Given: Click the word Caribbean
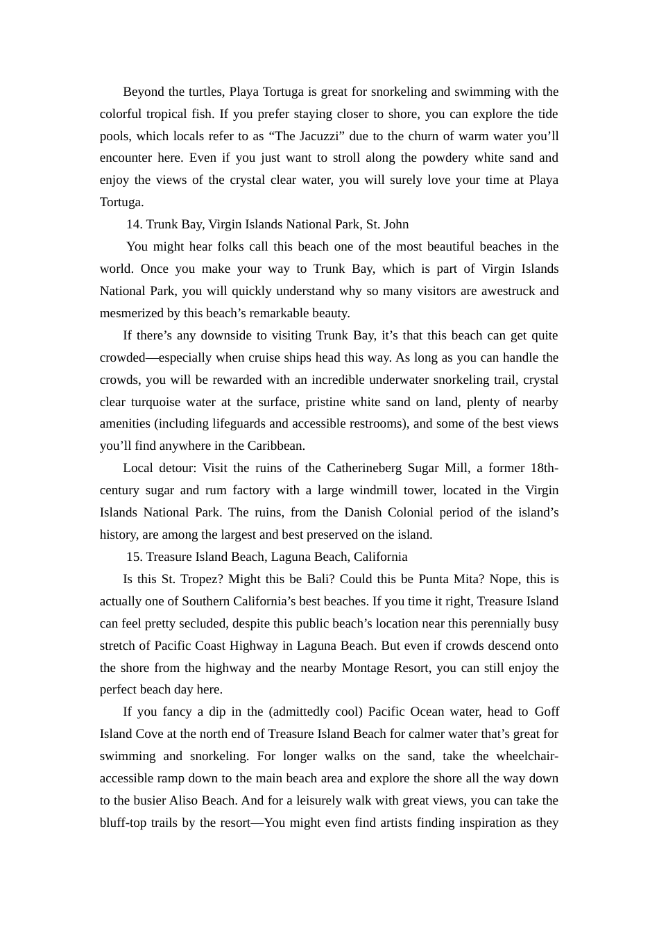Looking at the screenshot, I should pyautogui.click(x=275, y=446).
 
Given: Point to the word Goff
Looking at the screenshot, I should pyautogui.click(x=547, y=712).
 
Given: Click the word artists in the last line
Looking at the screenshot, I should pyautogui.click(x=395, y=823).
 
